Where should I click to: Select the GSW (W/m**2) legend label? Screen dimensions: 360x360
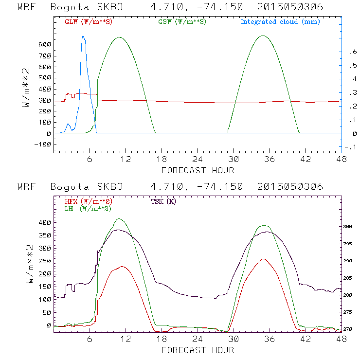182,22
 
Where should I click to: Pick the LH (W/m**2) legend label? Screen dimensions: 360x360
88,208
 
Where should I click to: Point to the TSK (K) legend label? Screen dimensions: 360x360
164,201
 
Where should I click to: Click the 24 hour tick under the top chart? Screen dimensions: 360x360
198,160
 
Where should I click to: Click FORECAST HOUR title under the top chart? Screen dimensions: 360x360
198,170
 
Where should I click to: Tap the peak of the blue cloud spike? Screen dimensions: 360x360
83,36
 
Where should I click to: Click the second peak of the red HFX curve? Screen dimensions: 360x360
264,259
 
